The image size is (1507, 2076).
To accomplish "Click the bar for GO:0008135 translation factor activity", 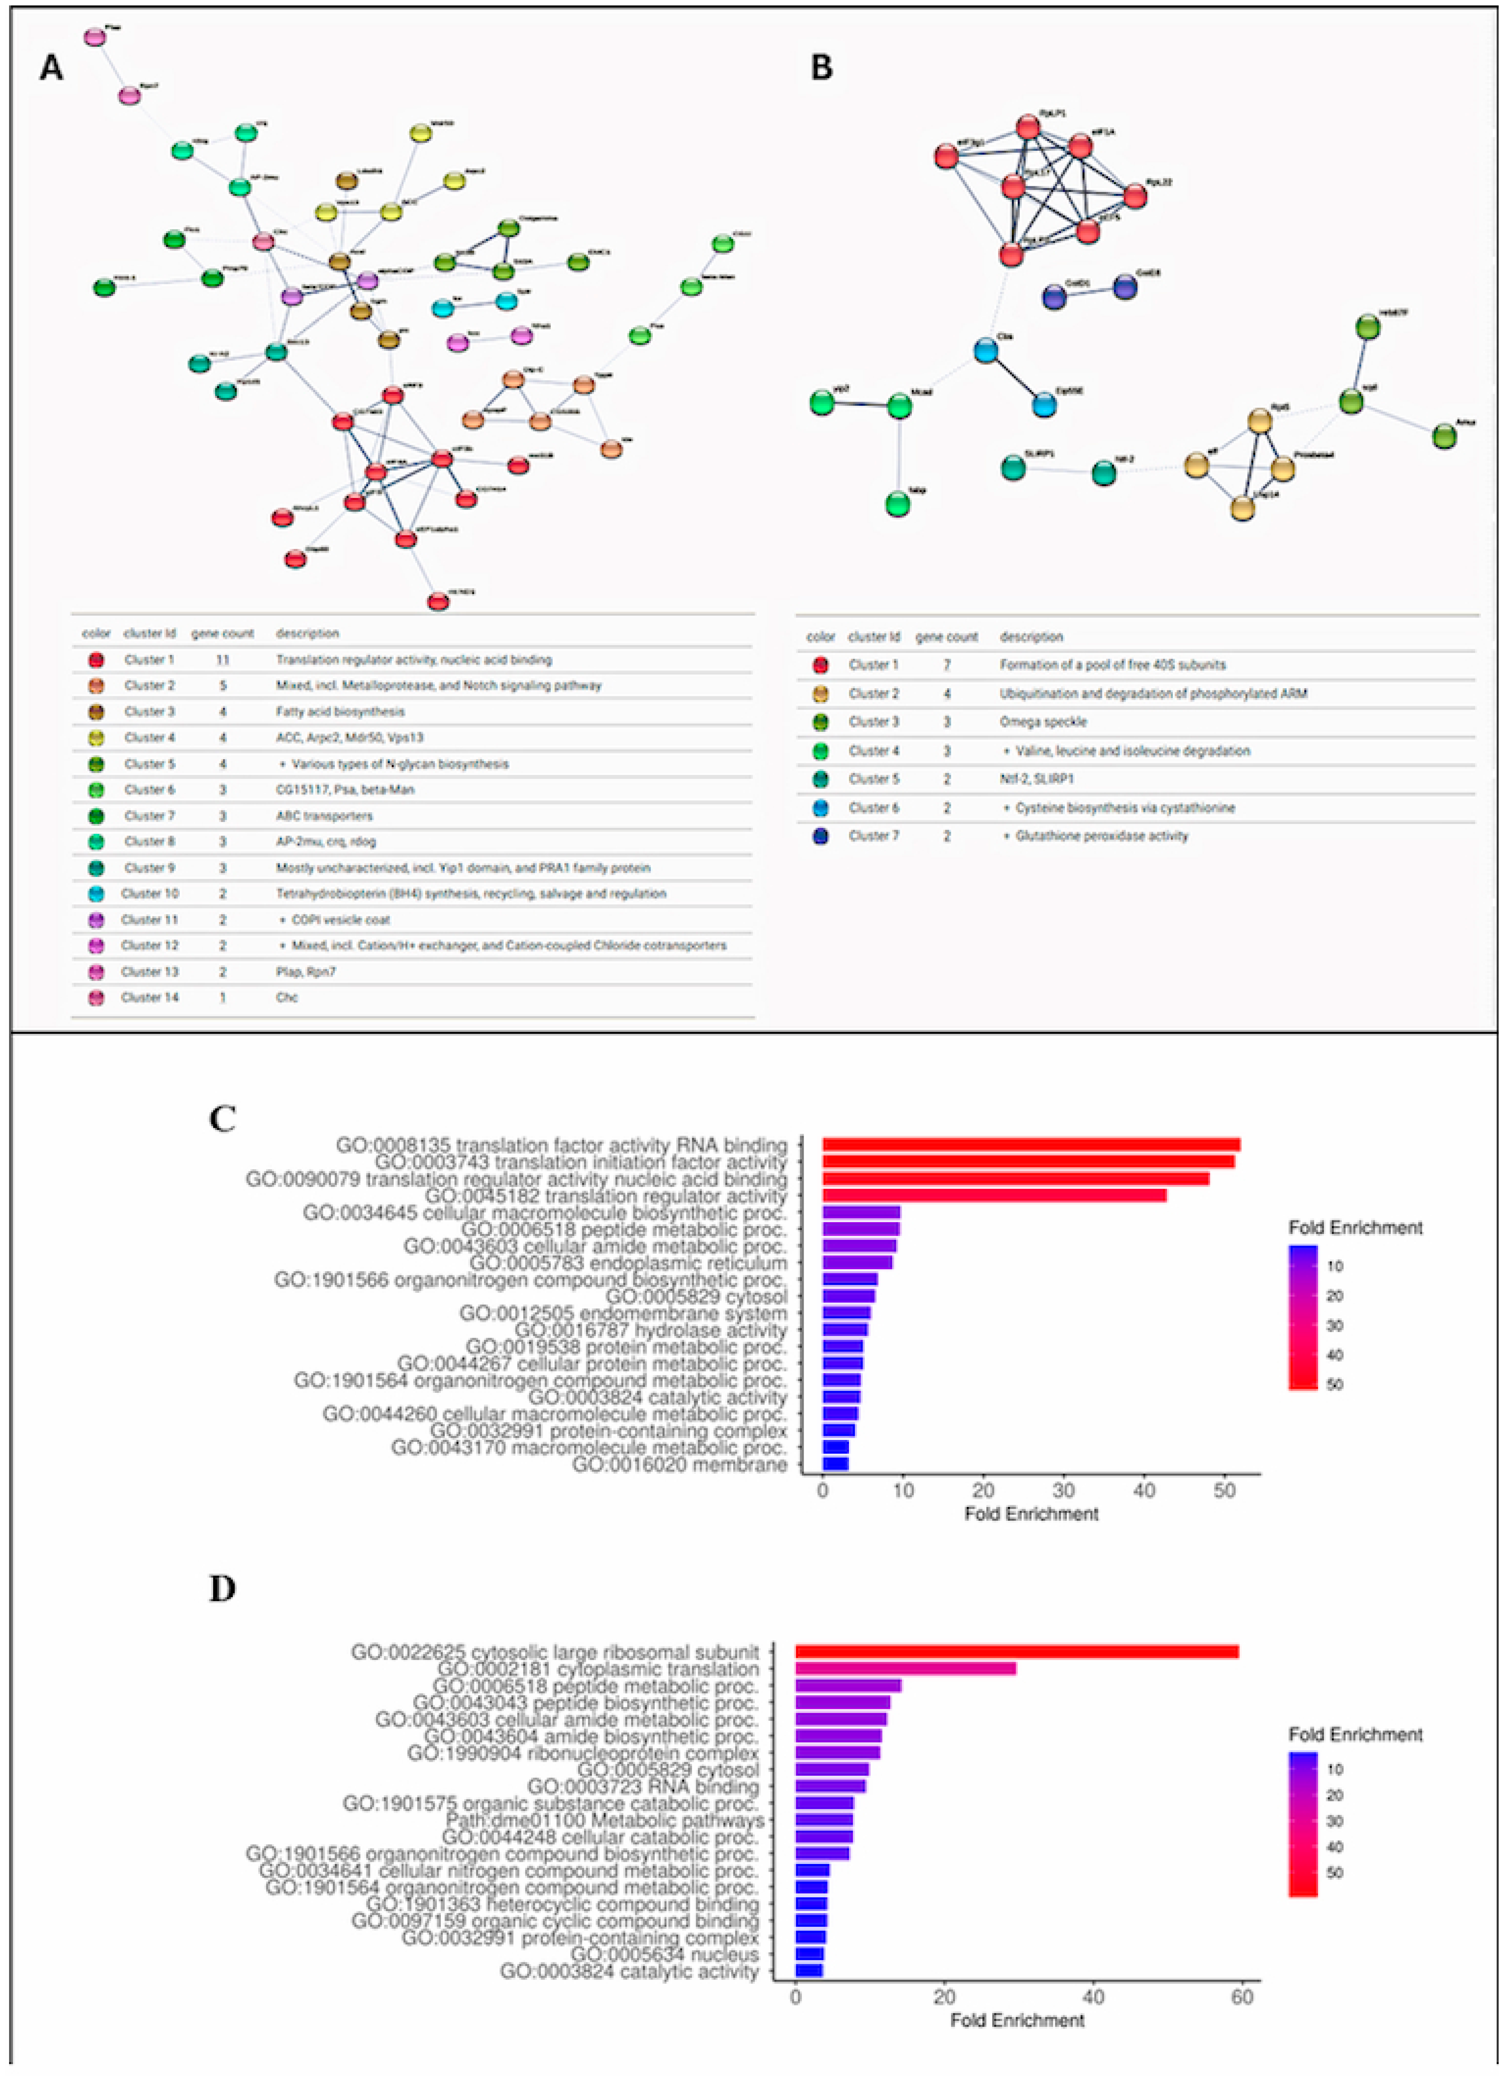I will [1031, 1144].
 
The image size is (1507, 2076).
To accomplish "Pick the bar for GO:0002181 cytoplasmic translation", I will [906, 1669].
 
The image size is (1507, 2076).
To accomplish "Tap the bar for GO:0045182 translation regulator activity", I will [994, 1195].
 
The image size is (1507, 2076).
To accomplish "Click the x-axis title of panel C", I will [1031, 1514].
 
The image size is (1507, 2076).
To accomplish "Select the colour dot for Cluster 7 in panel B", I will [820, 836].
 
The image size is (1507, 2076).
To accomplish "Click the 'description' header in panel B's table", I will [1031, 636].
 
